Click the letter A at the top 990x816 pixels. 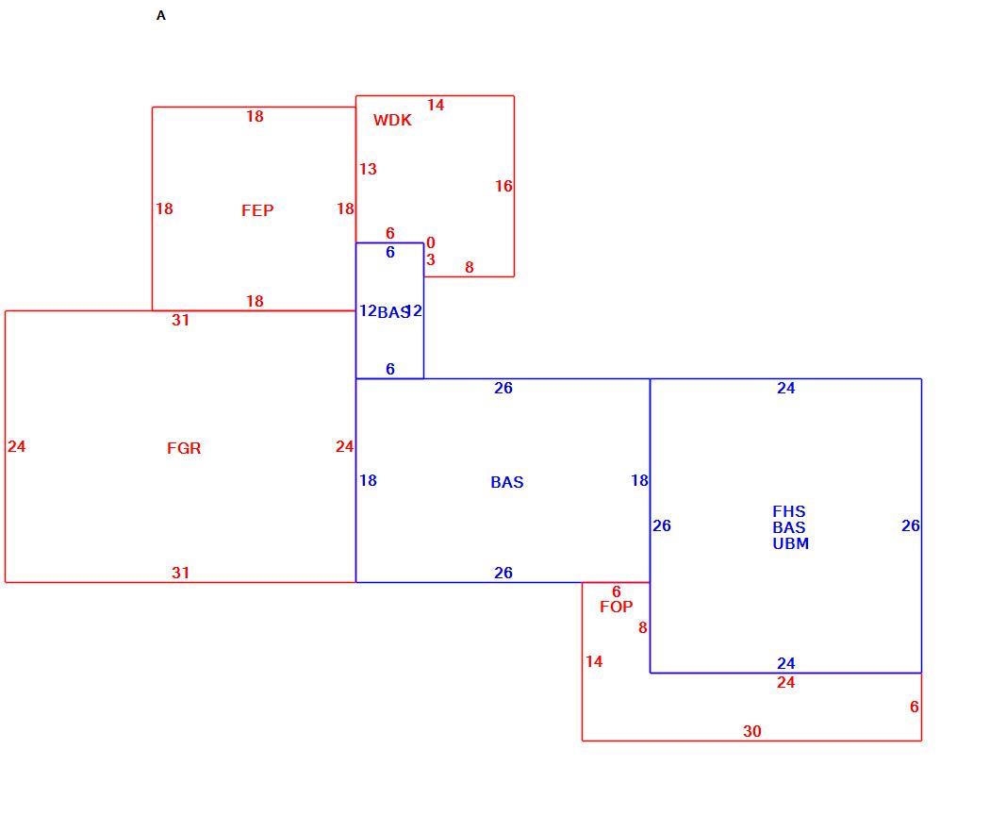click(161, 16)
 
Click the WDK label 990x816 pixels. click(392, 120)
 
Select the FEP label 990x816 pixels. click(257, 210)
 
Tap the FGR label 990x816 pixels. click(184, 448)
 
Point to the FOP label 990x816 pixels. click(617, 607)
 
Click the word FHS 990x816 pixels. click(789, 511)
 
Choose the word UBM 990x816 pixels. click(790, 543)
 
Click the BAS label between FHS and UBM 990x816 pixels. click(789, 527)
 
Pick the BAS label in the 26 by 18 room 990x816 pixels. click(507, 483)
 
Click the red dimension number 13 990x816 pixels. click(368, 169)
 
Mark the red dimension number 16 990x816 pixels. click(503, 187)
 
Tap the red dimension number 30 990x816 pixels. click(752, 731)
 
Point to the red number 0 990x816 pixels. click(431, 242)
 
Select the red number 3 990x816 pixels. click(431, 259)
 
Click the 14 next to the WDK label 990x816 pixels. click(436, 105)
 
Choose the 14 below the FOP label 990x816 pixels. click(594, 661)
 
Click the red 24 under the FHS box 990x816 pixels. click(786, 682)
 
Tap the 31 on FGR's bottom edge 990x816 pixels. click(181, 573)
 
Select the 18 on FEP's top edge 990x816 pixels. click(256, 116)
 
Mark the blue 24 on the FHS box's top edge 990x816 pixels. click(786, 389)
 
